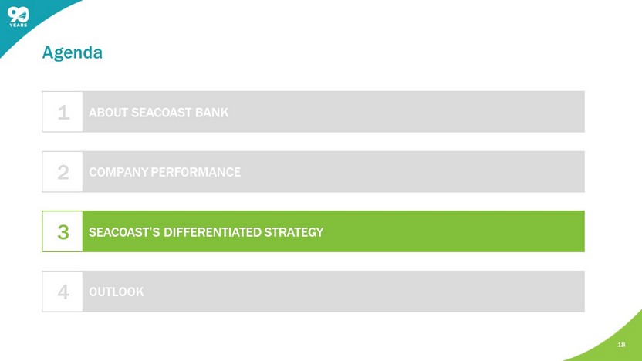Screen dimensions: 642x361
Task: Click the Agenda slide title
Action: tap(72, 52)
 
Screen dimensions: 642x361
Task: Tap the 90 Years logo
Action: tap(19, 17)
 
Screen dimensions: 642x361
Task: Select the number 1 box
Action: tap(63, 112)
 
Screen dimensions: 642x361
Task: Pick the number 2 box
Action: tap(63, 172)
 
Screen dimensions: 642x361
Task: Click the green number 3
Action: tap(63, 232)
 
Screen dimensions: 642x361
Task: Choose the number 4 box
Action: tap(63, 292)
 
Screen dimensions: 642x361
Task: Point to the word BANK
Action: tap(211, 113)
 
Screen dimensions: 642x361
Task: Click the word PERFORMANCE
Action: tap(196, 172)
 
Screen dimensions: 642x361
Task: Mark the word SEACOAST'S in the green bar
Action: tap(124, 232)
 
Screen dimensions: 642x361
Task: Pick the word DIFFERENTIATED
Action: tap(212, 232)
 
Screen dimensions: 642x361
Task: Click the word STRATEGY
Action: tap(293, 232)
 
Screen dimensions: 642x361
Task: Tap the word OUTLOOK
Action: tap(117, 292)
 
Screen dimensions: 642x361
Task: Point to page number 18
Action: tap(621, 345)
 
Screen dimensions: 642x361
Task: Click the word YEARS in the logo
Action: tap(19, 25)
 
